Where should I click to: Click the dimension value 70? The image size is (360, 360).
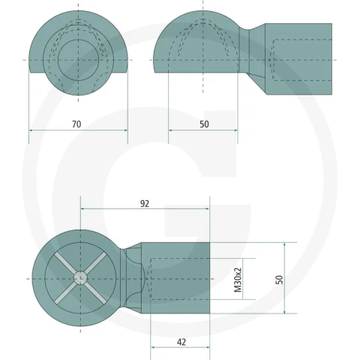coord(76,124)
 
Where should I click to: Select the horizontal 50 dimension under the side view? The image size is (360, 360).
coord(204,124)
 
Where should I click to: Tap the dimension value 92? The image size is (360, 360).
coord(145,204)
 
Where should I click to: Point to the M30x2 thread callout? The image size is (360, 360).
coord(238,280)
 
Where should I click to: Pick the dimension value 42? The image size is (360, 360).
coord(181,342)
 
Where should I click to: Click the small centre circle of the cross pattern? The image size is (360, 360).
coord(80,278)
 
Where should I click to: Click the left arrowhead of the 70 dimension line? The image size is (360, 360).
coord(31,130)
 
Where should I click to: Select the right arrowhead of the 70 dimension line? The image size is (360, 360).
coord(126,130)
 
